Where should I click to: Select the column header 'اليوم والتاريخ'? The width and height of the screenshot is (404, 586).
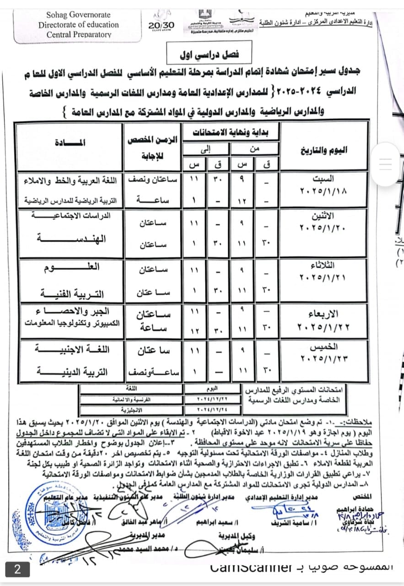click(323, 150)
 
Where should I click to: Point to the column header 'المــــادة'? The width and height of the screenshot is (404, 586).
click(70, 142)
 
